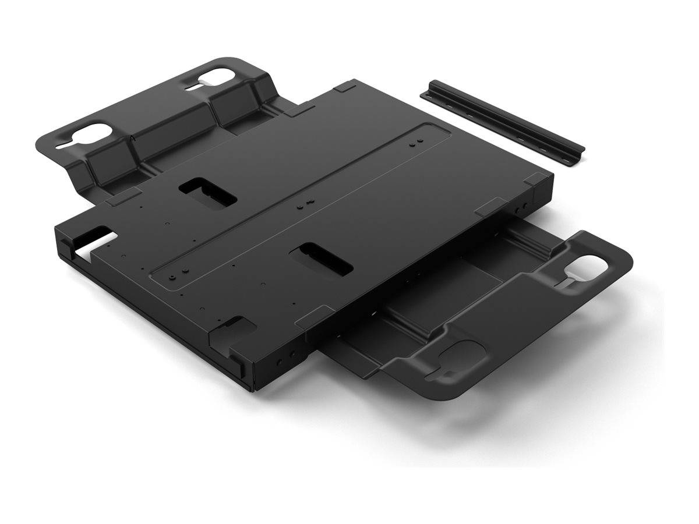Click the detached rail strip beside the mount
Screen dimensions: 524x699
click(501, 120)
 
